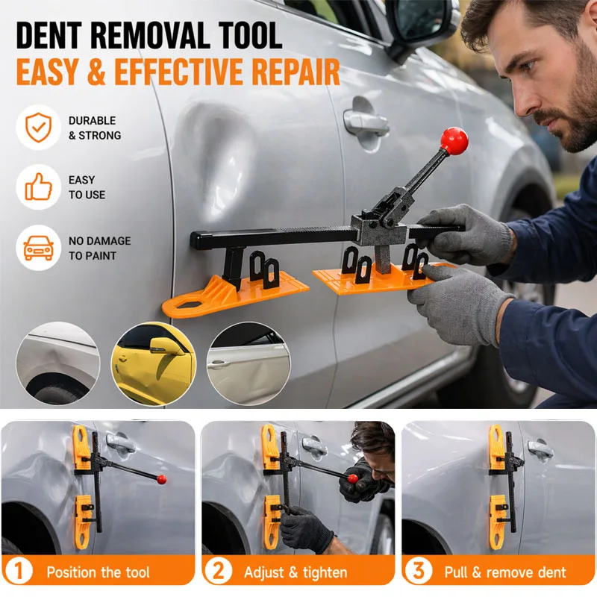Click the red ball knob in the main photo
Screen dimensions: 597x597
[454, 140]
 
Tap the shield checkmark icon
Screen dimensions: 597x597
[38, 127]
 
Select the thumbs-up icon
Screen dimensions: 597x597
[38, 187]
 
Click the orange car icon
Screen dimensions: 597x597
[38, 248]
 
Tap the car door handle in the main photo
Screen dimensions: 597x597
[366, 122]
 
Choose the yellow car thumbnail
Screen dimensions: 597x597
[153, 363]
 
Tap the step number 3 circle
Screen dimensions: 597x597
[418, 572]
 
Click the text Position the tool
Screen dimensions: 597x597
[98, 572]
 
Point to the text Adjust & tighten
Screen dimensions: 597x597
[296, 572]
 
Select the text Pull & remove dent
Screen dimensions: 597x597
[505, 572]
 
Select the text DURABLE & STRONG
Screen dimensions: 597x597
[94, 128]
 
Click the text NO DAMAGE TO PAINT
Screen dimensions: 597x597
[99, 248]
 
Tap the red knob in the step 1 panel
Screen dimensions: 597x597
[162, 478]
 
